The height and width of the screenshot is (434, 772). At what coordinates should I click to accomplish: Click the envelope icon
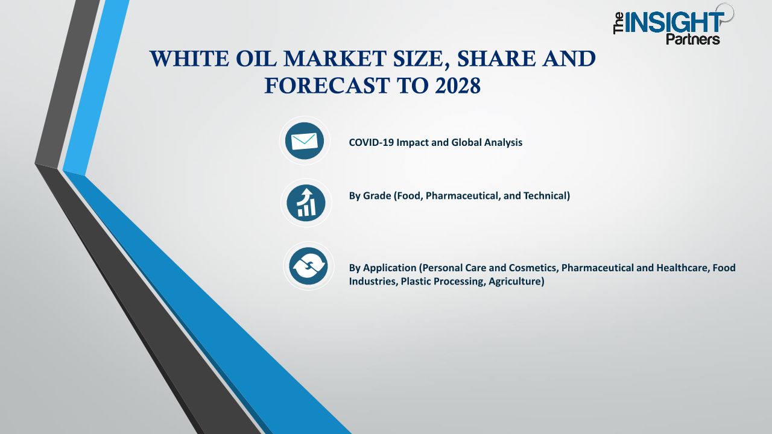pyautogui.click(x=305, y=141)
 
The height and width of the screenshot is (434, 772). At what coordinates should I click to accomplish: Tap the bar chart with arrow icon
pyautogui.click(x=306, y=203)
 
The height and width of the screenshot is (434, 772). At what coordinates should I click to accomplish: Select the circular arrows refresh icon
pyautogui.click(x=308, y=266)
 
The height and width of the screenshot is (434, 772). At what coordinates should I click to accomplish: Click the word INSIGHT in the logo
pyautogui.click(x=674, y=23)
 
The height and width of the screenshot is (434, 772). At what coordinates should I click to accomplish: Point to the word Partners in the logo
pyautogui.click(x=693, y=39)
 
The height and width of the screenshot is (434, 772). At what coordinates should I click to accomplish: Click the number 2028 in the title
pyautogui.click(x=458, y=86)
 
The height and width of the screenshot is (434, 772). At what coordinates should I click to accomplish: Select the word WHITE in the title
pyautogui.click(x=189, y=58)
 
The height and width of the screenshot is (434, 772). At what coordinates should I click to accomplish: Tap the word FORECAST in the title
pyautogui.click(x=327, y=86)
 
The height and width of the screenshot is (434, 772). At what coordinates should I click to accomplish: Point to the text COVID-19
pyautogui.click(x=371, y=142)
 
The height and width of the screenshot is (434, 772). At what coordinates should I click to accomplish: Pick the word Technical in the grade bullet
pyautogui.click(x=546, y=196)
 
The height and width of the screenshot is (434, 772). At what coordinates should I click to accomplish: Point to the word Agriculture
pyautogui.click(x=516, y=281)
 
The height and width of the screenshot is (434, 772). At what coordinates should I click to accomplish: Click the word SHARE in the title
pyautogui.click(x=496, y=58)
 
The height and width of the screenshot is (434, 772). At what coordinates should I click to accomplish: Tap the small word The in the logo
pyautogui.click(x=619, y=23)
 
